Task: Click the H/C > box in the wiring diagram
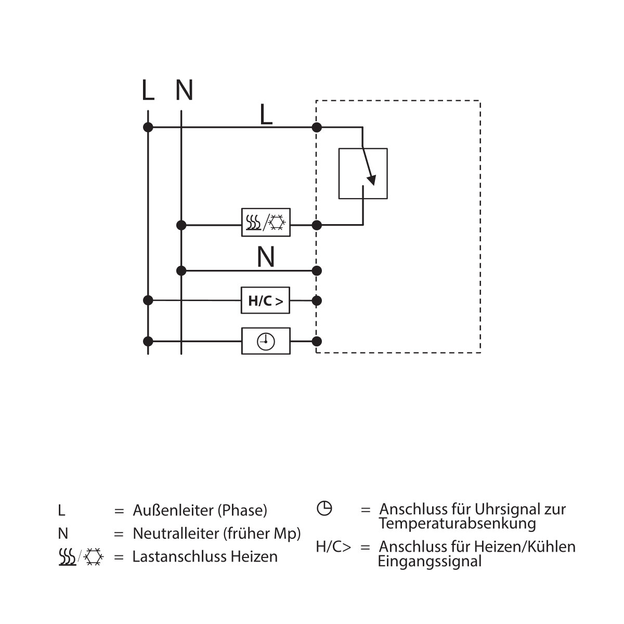coord(265,300)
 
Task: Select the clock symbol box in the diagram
coord(266,341)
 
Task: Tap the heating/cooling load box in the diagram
coord(266,223)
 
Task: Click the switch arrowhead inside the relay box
coord(372,180)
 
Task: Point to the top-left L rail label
coord(148,90)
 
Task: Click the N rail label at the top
coord(184,90)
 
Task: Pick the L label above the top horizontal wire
coord(266,114)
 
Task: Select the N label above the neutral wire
coord(266,257)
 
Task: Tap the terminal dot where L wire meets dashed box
coord(317,127)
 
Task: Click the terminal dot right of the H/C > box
coord(317,301)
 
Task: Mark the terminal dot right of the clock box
coord(317,341)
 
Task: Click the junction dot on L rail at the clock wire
coord(148,341)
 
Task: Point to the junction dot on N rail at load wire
coord(181,225)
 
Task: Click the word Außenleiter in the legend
coord(173,510)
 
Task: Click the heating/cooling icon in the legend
coord(81,556)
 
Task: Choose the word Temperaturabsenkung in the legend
coord(457,524)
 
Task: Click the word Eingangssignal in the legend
coord(430,561)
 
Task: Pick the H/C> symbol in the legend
coord(333,547)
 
